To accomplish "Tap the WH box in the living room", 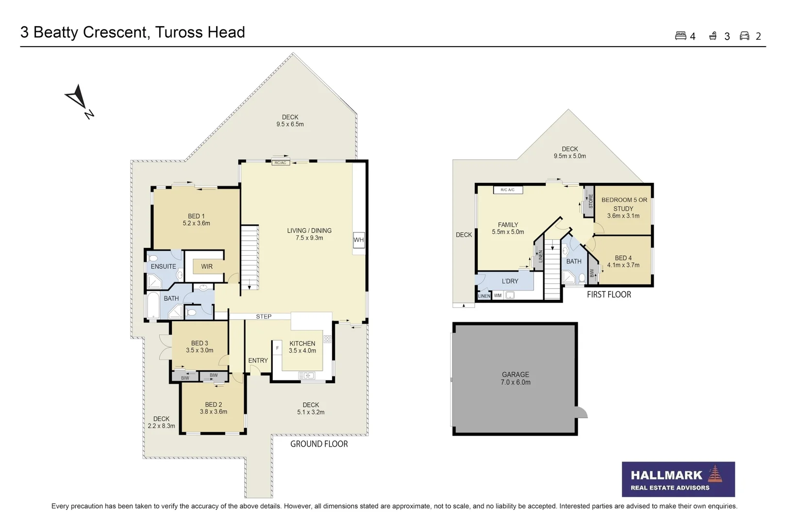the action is [359, 240].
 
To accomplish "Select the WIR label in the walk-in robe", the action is [207, 266].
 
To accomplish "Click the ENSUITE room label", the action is [163, 266].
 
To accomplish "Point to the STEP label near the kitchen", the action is [264, 317].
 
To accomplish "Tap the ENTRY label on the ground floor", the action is [258, 360].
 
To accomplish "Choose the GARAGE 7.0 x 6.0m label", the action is [516, 378].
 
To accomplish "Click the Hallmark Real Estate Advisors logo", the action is [678, 479].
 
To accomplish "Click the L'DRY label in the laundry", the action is [510, 281].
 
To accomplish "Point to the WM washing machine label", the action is [498, 295].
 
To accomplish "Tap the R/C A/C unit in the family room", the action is [508, 190].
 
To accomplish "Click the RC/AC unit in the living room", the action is [280, 163].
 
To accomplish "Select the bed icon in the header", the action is [681, 35].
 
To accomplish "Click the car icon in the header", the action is [745, 36].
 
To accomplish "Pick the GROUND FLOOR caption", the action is [319, 444].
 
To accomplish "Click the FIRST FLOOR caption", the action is [609, 295].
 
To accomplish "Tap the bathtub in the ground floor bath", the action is [153, 305].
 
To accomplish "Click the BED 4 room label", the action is [623, 262].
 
